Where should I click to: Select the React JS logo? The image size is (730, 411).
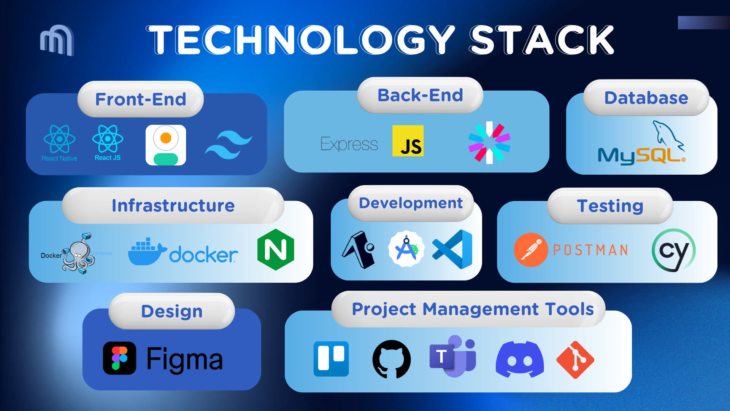pos(108,139)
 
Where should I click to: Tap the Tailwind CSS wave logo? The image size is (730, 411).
pos(229,145)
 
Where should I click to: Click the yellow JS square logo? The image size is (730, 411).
pos(408,141)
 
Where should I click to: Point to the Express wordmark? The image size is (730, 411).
pos(349,144)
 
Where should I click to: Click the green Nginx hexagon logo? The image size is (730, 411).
pos(276,250)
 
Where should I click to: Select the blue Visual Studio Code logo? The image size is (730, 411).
pos(452,249)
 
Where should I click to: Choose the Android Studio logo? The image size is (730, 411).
pos(406,249)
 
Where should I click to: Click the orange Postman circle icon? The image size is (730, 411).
pos(531,250)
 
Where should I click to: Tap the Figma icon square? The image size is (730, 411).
pos(119,358)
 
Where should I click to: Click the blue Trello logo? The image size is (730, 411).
pos(331,359)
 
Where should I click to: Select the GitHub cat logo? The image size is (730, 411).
pos(392,359)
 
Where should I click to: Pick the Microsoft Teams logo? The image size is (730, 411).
pos(452,357)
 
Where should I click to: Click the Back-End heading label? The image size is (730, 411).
pos(420,95)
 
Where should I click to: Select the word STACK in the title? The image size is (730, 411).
pos(541,40)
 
